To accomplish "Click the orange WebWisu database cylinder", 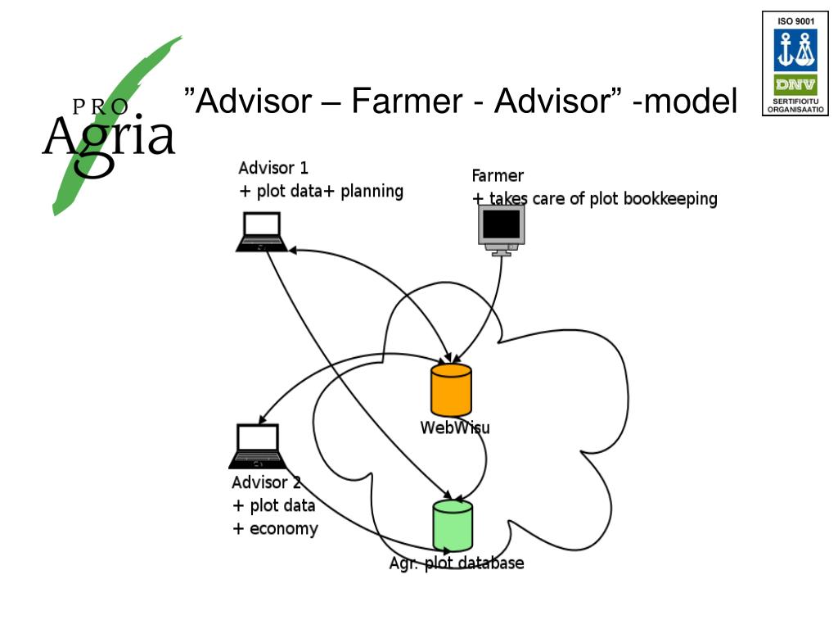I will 451,390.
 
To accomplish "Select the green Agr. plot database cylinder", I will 453,525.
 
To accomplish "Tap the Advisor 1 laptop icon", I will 261,232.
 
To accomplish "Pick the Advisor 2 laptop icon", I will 256,446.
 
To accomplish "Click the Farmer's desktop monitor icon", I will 501,230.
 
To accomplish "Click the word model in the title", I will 692,102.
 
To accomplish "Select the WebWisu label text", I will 455,428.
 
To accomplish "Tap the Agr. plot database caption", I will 457,563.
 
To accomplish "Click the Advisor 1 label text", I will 273,169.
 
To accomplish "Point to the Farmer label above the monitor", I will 498,175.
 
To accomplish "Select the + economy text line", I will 276,528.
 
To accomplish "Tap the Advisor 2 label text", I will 266,482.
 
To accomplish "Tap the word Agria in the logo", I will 109,137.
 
